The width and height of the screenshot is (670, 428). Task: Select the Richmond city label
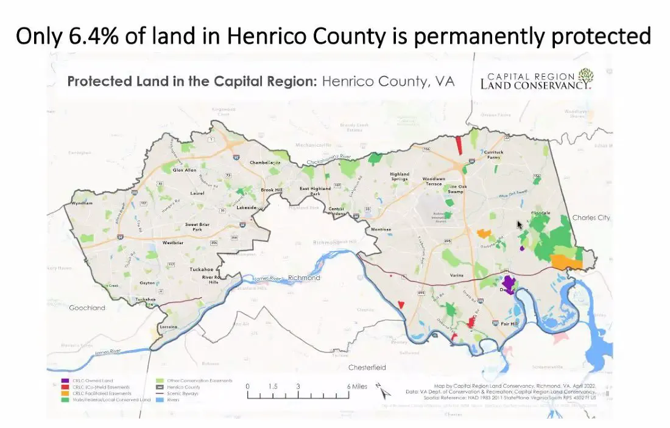click(304, 278)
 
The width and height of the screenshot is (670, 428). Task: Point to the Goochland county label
click(86, 308)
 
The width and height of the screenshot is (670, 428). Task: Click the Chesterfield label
click(367, 368)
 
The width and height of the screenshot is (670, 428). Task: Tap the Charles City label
click(591, 218)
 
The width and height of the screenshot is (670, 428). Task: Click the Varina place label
click(457, 275)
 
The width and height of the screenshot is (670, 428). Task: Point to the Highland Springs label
click(400, 177)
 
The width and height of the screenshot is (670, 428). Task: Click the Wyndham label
click(82, 203)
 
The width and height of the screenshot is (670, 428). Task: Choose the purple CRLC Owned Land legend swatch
click(65, 381)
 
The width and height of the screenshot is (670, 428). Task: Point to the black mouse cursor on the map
click(520, 225)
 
